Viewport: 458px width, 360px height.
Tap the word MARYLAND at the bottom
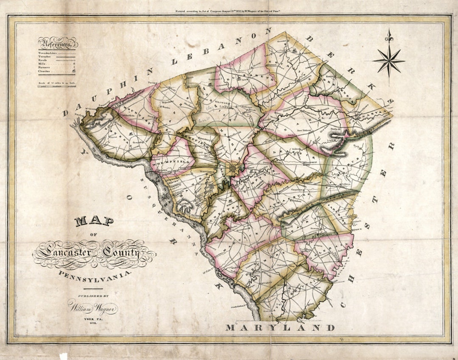[280, 327]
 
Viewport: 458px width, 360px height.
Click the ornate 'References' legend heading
[57, 43]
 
